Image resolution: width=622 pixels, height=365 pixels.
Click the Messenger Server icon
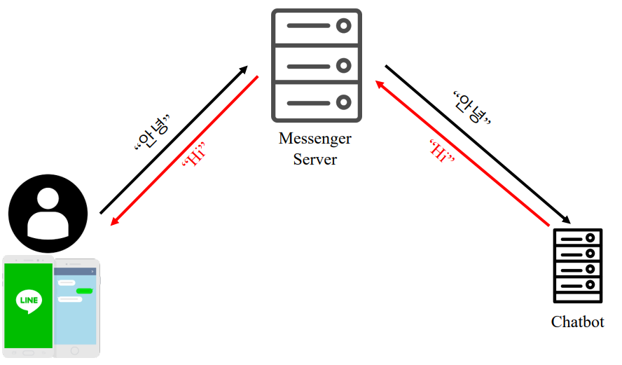(x=316, y=64)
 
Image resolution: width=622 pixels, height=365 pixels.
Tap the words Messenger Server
(x=315, y=149)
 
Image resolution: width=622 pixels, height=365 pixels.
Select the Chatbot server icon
(x=577, y=266)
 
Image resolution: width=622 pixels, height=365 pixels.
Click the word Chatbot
(x=577, y=322)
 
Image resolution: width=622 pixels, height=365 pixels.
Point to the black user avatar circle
(x=48, y=213)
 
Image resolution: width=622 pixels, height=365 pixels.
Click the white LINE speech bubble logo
(x=28, y=301)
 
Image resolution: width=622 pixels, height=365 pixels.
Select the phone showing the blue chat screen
(x=76, y=308)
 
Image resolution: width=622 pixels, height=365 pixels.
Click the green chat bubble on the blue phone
(x=85, y=291)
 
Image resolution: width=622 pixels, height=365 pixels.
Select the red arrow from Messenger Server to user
(x=185, y=151)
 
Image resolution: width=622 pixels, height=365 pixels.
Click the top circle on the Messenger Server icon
(x=343, y=27)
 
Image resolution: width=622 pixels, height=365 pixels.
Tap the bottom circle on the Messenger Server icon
(x=343, y=102)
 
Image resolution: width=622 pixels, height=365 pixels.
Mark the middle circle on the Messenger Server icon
(x=343, y=65)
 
